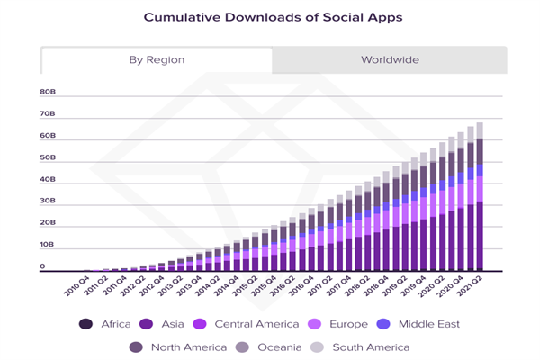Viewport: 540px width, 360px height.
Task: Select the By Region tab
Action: click(x=157, y=60)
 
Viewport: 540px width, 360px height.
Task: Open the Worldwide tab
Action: click(x=391, y=60)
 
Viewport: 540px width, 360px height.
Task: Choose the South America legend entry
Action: click(x=364, y=346)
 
